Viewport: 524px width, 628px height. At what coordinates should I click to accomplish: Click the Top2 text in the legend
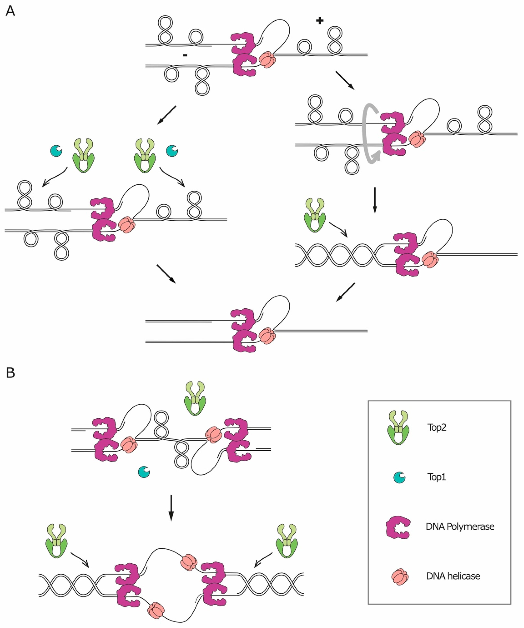tap(437, 427)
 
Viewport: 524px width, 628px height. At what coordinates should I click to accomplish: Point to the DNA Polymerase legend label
tap(460, 526)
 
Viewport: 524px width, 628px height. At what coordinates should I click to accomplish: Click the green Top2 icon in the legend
tap(398, 428)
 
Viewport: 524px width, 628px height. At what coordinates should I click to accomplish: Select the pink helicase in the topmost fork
tap(267, 60)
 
